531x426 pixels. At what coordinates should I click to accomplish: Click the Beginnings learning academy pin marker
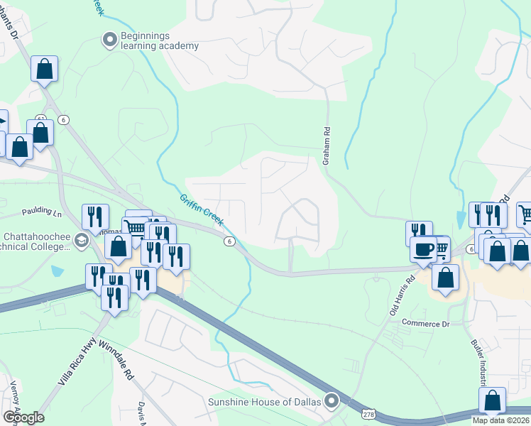click(x=109, y=40)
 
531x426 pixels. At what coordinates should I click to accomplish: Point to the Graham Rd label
click(x=327, y=146)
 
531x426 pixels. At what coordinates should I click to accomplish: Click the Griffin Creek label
click(x=202, y=211)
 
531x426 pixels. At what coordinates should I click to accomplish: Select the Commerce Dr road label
click(x=426, y=324)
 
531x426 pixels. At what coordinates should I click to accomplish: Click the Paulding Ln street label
click(x=42, y=212)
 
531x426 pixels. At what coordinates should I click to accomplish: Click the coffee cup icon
click(x=424, y=249)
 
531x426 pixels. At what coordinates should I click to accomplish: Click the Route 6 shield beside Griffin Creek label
click(x=229, y=241)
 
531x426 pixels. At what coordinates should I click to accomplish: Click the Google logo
click(x=23, y=417)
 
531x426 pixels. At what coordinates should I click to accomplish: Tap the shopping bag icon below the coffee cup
click(x=446, y=278)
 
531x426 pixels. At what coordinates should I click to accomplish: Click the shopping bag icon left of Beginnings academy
click(x=44, y=70)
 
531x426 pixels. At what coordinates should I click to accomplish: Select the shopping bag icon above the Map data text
click(x=492, y=400)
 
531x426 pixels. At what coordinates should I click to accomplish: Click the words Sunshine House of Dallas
click(x=265, y=402)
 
